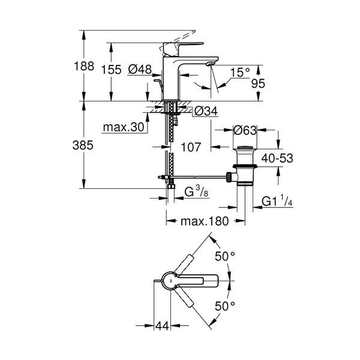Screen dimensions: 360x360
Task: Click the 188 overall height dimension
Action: point(84,66)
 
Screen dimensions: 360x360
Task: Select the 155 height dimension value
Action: point(112,70)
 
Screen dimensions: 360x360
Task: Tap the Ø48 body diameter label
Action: point(140,69)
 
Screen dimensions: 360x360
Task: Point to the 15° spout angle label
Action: point(239,73)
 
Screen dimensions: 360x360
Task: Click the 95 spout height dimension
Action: point(258,83)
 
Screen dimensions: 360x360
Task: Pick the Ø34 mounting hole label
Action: point(206,112)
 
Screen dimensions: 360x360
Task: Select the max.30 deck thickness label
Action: point(124,127)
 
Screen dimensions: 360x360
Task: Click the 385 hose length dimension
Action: point(83,145)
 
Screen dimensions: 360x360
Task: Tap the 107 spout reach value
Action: point(191,147)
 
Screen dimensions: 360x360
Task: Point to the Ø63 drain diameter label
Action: point(245,130)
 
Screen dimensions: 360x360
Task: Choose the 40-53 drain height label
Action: point(277,158)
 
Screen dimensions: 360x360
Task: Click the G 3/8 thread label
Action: point(197,192)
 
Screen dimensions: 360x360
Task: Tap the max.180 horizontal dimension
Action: point(205,221)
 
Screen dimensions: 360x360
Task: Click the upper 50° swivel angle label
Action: point(225,256)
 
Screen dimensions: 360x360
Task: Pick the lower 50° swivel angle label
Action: point(225,306)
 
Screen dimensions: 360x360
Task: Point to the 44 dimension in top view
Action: point(162,326)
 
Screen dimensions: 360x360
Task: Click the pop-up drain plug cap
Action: point(245,147)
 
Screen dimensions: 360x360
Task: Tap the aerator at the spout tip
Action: point(211,64)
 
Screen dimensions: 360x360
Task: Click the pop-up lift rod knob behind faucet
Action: point(157,80)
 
